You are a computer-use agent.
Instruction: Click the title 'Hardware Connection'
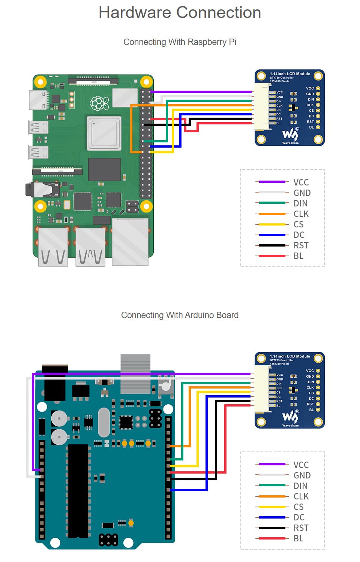pyautogui.click(x=180, y=13)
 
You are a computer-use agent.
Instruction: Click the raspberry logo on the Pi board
pyautogui.click(x=99, y=103)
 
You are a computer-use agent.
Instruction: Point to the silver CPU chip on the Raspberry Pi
pyautogui.click(x=104, y=133)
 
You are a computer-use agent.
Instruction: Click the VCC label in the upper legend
pyautogui.click(x=301, y=182)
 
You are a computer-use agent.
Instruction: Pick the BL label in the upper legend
pyautogui.click(x=298, y=256)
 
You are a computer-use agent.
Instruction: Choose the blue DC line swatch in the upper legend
pyautogui.click(x=272, y=235)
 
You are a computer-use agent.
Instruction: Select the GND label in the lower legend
pyautogui.click(x=302, y=475)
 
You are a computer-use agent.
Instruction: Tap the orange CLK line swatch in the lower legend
pyautogui.click(x=272, y=496)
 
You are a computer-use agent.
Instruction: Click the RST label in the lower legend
pyautogui.click(x=301, y=528)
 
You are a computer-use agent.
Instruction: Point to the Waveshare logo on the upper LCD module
pyautogui.click(x=290, y=135)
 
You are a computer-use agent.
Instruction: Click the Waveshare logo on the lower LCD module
pyautogui.click(x=290, y=417)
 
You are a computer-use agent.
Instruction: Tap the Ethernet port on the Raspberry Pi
pyautogui.click(x=130, y=242)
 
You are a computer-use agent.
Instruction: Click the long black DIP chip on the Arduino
pyautogui.click(x=78, y=491)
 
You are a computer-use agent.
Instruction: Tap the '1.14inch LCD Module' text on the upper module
pyautogui.click(x=290, y=74)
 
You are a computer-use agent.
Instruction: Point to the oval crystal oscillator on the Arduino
pyautogui.click(x=103, y=422)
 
